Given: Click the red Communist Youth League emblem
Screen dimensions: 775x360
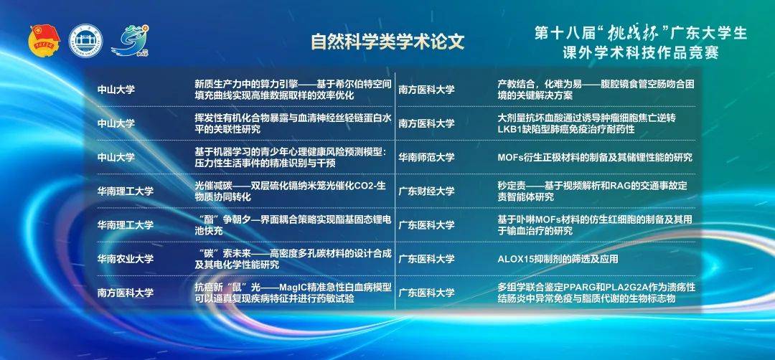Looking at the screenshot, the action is click(x=44, y=39).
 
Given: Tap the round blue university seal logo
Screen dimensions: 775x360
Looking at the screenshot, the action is click(x=85, y=39).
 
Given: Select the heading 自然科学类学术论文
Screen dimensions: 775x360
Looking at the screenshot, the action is click(x=387, y=42).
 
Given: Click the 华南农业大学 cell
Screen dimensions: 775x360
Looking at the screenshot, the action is click(x=125, y=259).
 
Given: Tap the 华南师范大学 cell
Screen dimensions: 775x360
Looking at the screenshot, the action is click(x=426, y=158).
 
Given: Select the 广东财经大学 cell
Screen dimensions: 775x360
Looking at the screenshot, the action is click(x=426, y=191).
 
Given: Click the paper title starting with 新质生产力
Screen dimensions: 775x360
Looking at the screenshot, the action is click(x=293, y=90).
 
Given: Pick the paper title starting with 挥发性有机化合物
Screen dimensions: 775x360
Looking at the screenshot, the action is click(x=293, y=123).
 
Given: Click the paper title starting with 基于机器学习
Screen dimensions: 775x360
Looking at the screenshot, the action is click(x=290, y=158).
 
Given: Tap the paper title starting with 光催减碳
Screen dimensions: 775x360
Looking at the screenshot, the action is click(x=293, y=191).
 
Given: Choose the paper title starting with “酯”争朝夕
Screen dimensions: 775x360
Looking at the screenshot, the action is click(x=293, y=224).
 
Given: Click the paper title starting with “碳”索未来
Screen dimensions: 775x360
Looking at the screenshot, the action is click(x=293, y=259).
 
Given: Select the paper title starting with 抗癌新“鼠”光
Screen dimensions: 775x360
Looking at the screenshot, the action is click(x=293, y=293).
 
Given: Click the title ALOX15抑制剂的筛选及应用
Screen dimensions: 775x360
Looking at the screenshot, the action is click(x=558, y=259).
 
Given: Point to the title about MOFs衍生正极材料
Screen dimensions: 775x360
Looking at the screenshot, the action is click(x=595, y=158).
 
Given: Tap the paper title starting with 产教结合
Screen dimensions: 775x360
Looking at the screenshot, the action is click(x=596, y=90).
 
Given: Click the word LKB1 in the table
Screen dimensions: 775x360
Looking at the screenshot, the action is click(x=509, y=129).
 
